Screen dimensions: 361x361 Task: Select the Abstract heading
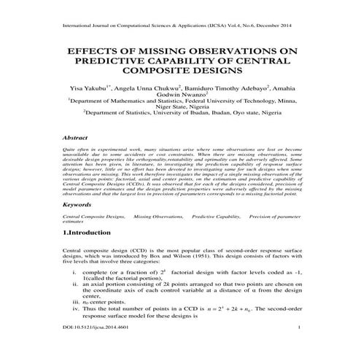click(x=76, y=137)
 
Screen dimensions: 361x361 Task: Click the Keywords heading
click(x=78, y=205)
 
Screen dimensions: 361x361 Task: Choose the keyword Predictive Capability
click(x=217, y=217)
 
